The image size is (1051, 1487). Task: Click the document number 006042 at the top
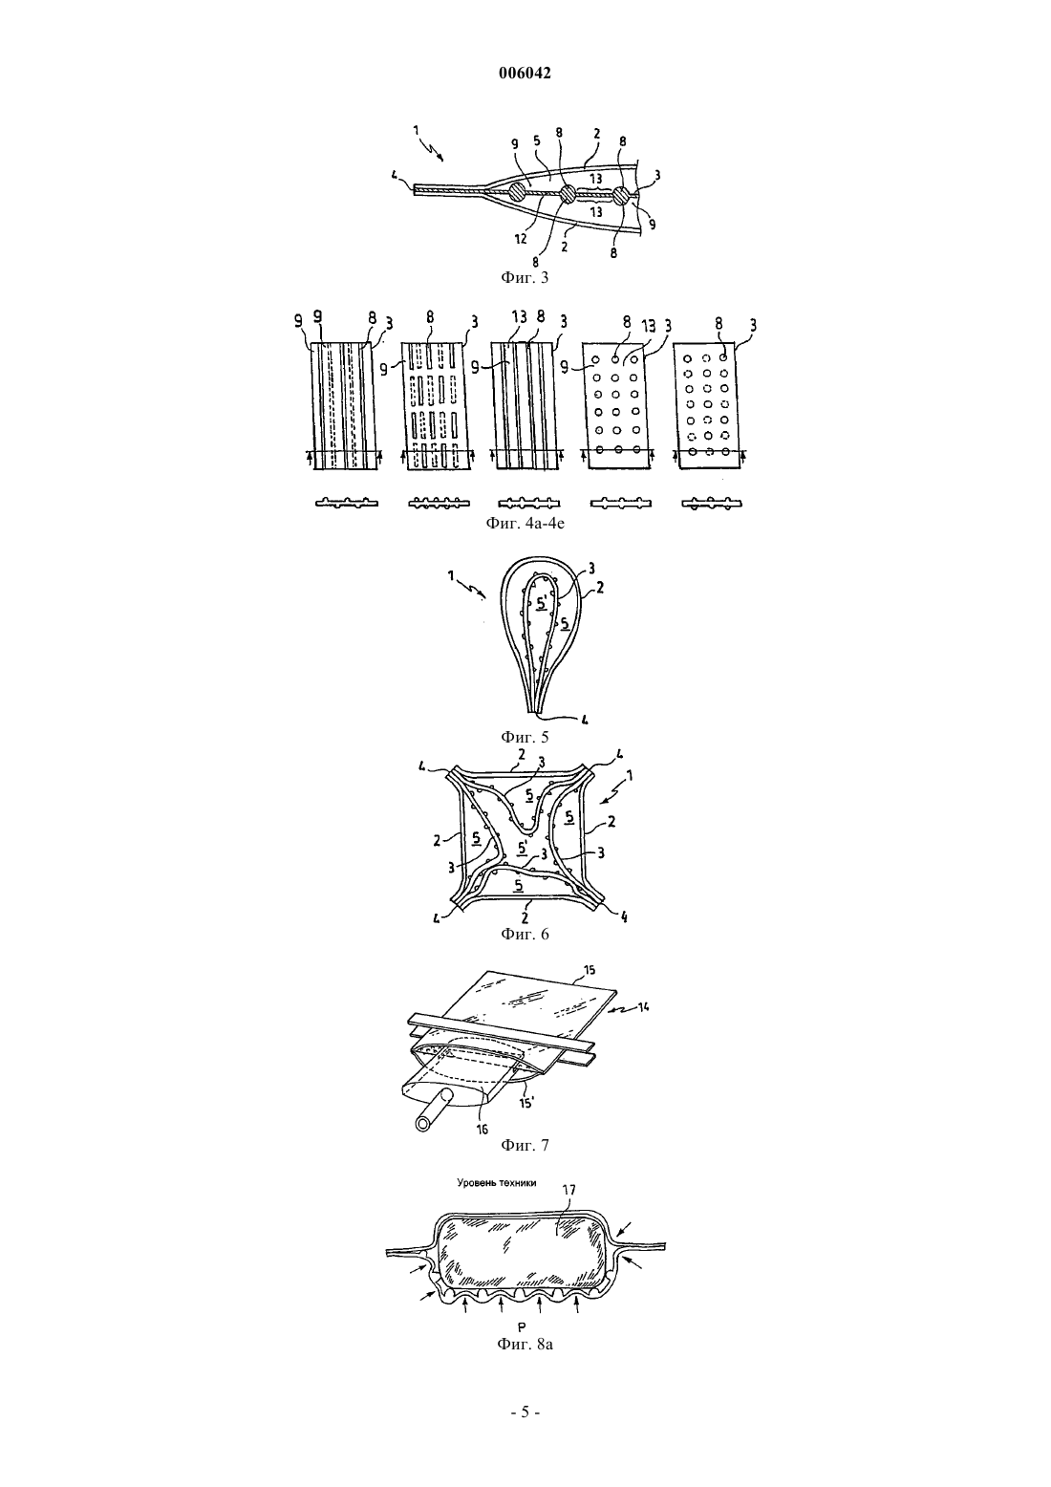525,74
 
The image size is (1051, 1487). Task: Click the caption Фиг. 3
525,277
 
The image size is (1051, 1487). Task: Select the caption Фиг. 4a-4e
525,523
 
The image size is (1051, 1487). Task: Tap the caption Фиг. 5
525,737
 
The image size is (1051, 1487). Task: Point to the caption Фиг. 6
525,934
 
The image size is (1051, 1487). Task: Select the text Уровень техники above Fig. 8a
497,1201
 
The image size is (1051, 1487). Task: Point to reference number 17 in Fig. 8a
568,1210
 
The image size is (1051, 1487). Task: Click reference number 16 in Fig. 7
483,1148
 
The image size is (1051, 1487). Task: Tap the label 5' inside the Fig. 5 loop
543,604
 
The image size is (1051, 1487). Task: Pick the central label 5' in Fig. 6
524,847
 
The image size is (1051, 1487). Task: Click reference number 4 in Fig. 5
585,719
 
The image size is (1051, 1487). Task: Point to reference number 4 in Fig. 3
396,176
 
